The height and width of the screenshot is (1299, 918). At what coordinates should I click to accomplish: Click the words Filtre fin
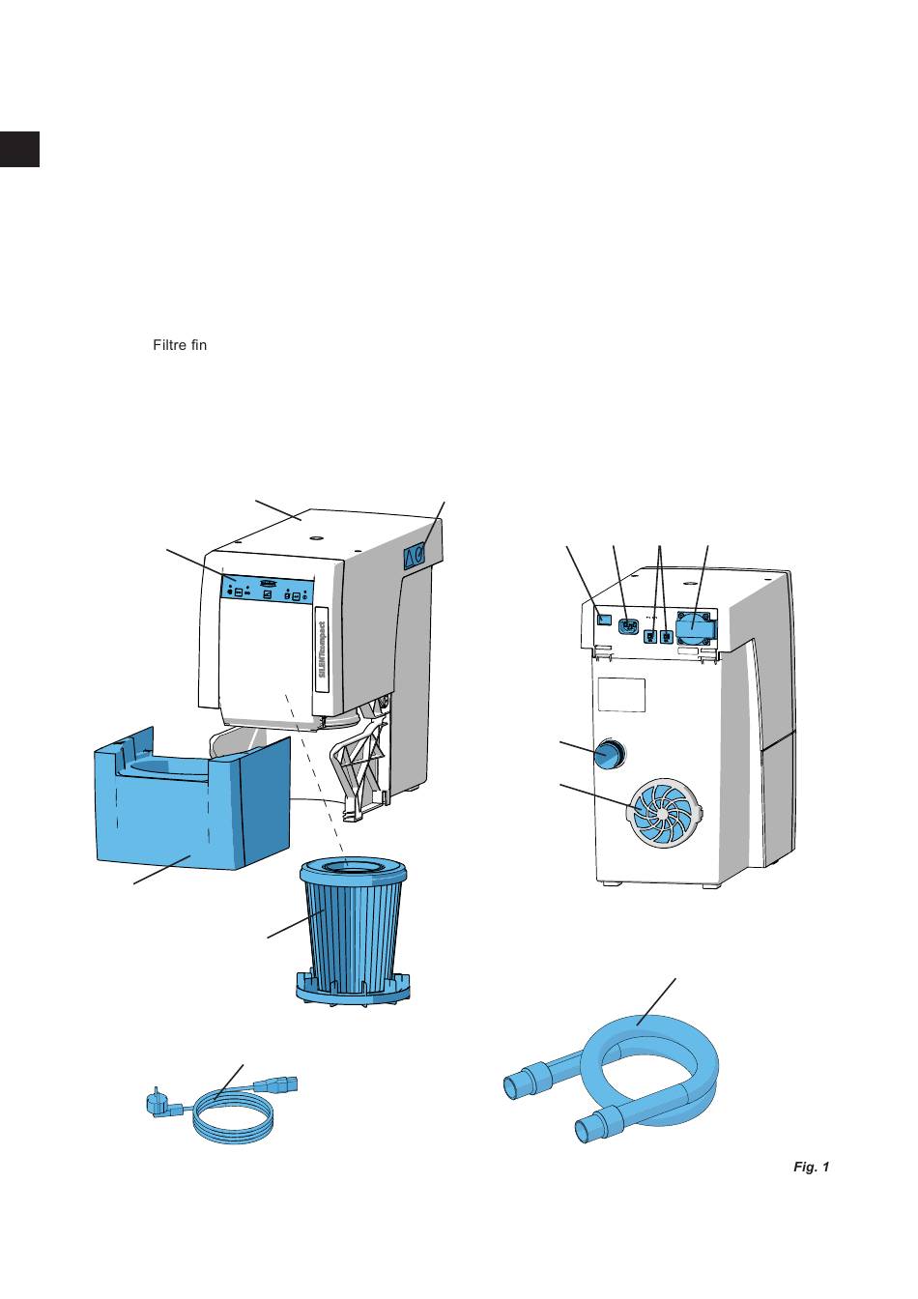point(180,345)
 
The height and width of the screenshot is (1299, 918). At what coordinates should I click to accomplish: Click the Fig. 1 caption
point(811,1168)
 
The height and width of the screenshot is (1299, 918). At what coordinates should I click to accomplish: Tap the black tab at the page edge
point(19,148)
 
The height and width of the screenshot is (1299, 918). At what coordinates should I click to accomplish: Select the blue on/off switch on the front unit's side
point(415,554)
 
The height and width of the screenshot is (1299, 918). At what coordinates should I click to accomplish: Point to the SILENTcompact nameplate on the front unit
point(324,649)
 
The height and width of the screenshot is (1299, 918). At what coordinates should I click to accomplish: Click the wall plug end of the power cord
point(158,1102)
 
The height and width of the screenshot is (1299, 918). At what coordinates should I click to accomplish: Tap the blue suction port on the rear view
point(608,753)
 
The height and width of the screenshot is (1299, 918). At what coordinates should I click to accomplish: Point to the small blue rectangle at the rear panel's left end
point(604,619)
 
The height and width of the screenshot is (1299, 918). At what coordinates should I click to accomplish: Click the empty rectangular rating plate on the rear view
point(621,694)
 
